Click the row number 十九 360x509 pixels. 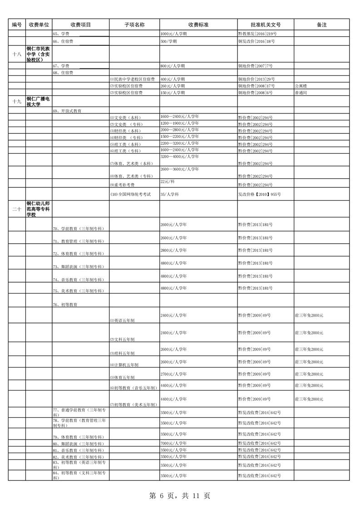[17, 101]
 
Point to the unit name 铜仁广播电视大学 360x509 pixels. [38, 101]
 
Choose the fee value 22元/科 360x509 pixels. [168, 181]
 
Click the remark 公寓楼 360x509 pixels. [302, 86]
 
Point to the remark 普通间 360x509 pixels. [302, 93]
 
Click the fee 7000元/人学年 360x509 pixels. [173, 443]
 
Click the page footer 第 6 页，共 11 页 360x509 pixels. [180, 496]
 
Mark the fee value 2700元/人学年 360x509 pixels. [173, 374]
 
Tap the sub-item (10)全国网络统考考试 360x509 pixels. [131, 194]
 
